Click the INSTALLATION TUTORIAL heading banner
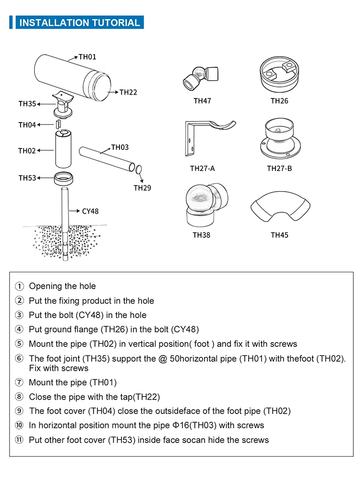(79, 23)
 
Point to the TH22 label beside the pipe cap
(128, 92)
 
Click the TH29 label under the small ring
(142, 188)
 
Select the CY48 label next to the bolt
(90, 211)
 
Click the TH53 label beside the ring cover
(27, 178)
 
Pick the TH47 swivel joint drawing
(201, 75)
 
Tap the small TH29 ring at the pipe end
(138, 169)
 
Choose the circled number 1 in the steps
(19, 286)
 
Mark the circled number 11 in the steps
(19, 440)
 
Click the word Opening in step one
(47, 286)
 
